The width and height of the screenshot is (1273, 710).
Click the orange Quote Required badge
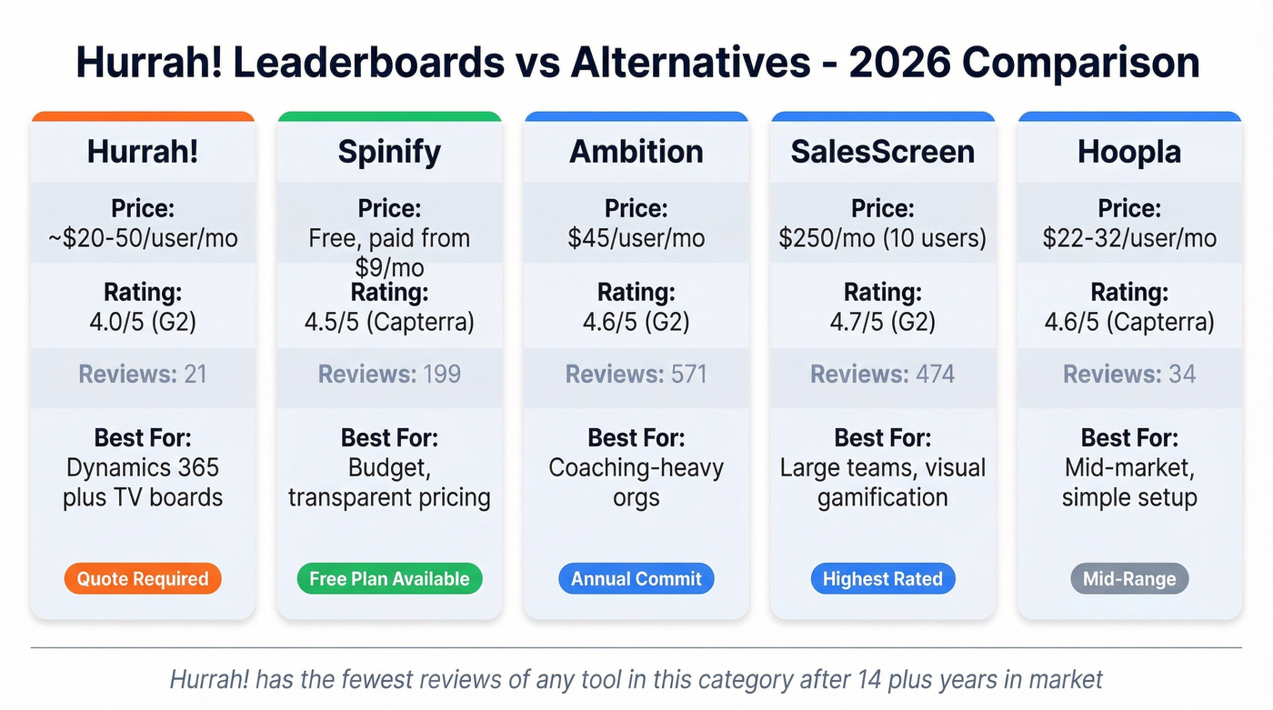(143, 579)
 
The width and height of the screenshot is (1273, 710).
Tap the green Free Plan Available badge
(389, 579)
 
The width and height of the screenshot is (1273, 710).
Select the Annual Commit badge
(636, 579)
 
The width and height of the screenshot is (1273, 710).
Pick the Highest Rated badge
(882, 579)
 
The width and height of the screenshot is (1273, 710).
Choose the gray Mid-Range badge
(1129, 579)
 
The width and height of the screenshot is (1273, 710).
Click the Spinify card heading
(389, 151)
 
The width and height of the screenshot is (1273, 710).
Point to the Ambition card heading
(636, 151)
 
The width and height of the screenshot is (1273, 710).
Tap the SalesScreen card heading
(882, 151)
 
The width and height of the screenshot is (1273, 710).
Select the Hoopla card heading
(1129, 151)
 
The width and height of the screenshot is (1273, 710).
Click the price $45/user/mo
(636, 238)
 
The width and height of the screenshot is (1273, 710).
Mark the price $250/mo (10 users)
(882, 238)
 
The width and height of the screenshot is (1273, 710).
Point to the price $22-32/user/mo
(1129, 238)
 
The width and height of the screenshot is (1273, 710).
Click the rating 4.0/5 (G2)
(143, 322)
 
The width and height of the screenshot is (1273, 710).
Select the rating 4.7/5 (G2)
(882, 322)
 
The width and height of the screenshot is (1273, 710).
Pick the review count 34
(1182, 375)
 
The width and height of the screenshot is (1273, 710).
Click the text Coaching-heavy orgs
(636, 483)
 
